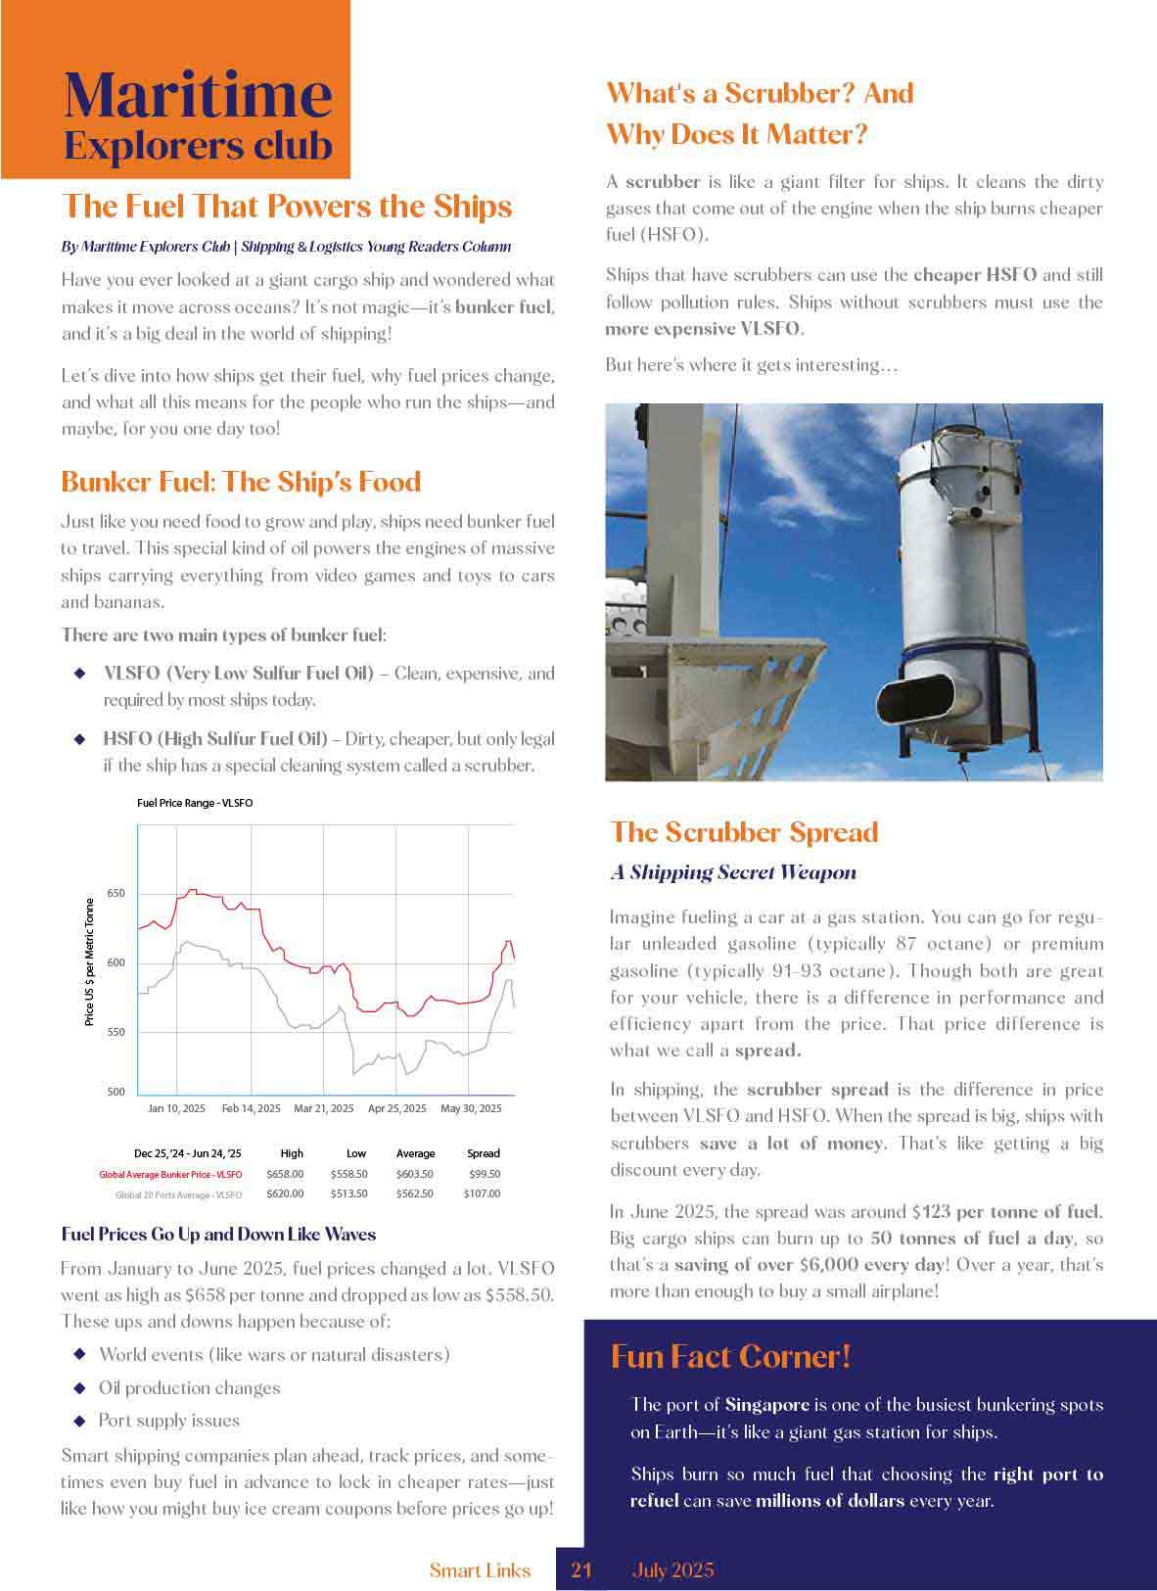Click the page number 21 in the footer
click(581, 1570)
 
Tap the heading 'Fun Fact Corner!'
click(730, 1356)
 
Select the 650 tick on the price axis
click(116, 894)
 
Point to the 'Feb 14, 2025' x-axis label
click(252, 1108)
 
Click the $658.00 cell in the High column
click(285, 1174)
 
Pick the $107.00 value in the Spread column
click(483, 1193)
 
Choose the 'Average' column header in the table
click(415, 1153)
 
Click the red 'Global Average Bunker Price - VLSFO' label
click(170, 1174)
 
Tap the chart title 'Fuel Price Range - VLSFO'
click(195, 803)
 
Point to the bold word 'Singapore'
click(766, 1404)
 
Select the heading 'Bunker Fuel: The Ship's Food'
click(241, 482)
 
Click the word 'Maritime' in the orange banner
click(198, 94)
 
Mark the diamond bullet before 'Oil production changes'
click(80, 1388)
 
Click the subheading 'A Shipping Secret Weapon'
click(733, 872)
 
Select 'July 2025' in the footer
click(672, 1570)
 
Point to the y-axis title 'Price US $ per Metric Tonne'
click(90, 961)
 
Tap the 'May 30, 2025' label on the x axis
click(471, 1108)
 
